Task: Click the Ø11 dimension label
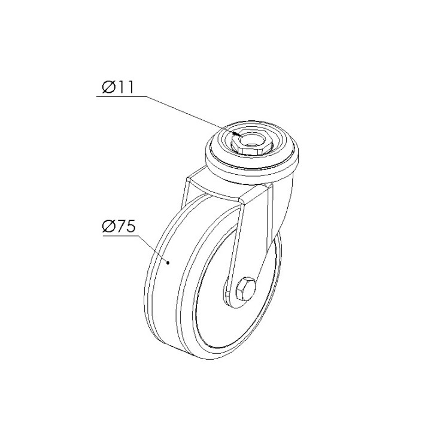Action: [x=118, y=87]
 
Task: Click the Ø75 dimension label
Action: [x=119, y=227]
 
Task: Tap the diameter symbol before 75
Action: [x=108, y=227]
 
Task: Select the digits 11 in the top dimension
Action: [x=126, y=87]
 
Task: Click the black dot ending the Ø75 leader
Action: [x=168, y=263]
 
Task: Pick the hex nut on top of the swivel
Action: [x=251, y=143]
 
